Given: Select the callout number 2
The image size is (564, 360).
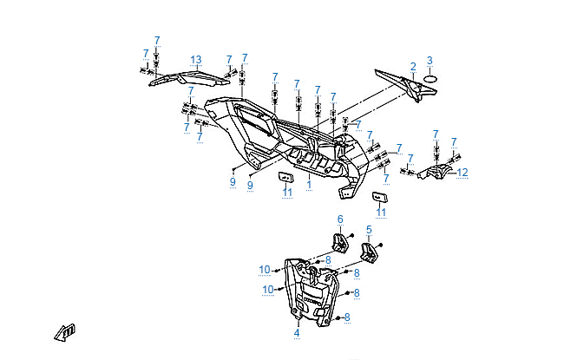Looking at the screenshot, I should pos(413,66).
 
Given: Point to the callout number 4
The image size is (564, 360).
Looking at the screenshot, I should pos(296,332).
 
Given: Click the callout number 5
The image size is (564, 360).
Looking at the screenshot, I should pos(369,230).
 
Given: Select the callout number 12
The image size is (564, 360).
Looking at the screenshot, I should pos(462,173).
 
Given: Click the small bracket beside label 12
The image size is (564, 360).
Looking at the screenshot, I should pos(436,173).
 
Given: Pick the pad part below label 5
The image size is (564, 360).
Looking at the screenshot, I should pos(370,252).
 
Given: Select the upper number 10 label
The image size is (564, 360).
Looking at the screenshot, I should pos(265,270).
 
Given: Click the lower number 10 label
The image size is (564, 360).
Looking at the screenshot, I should pos(268,289).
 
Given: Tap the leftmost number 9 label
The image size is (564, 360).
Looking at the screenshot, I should pos(233,181).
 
